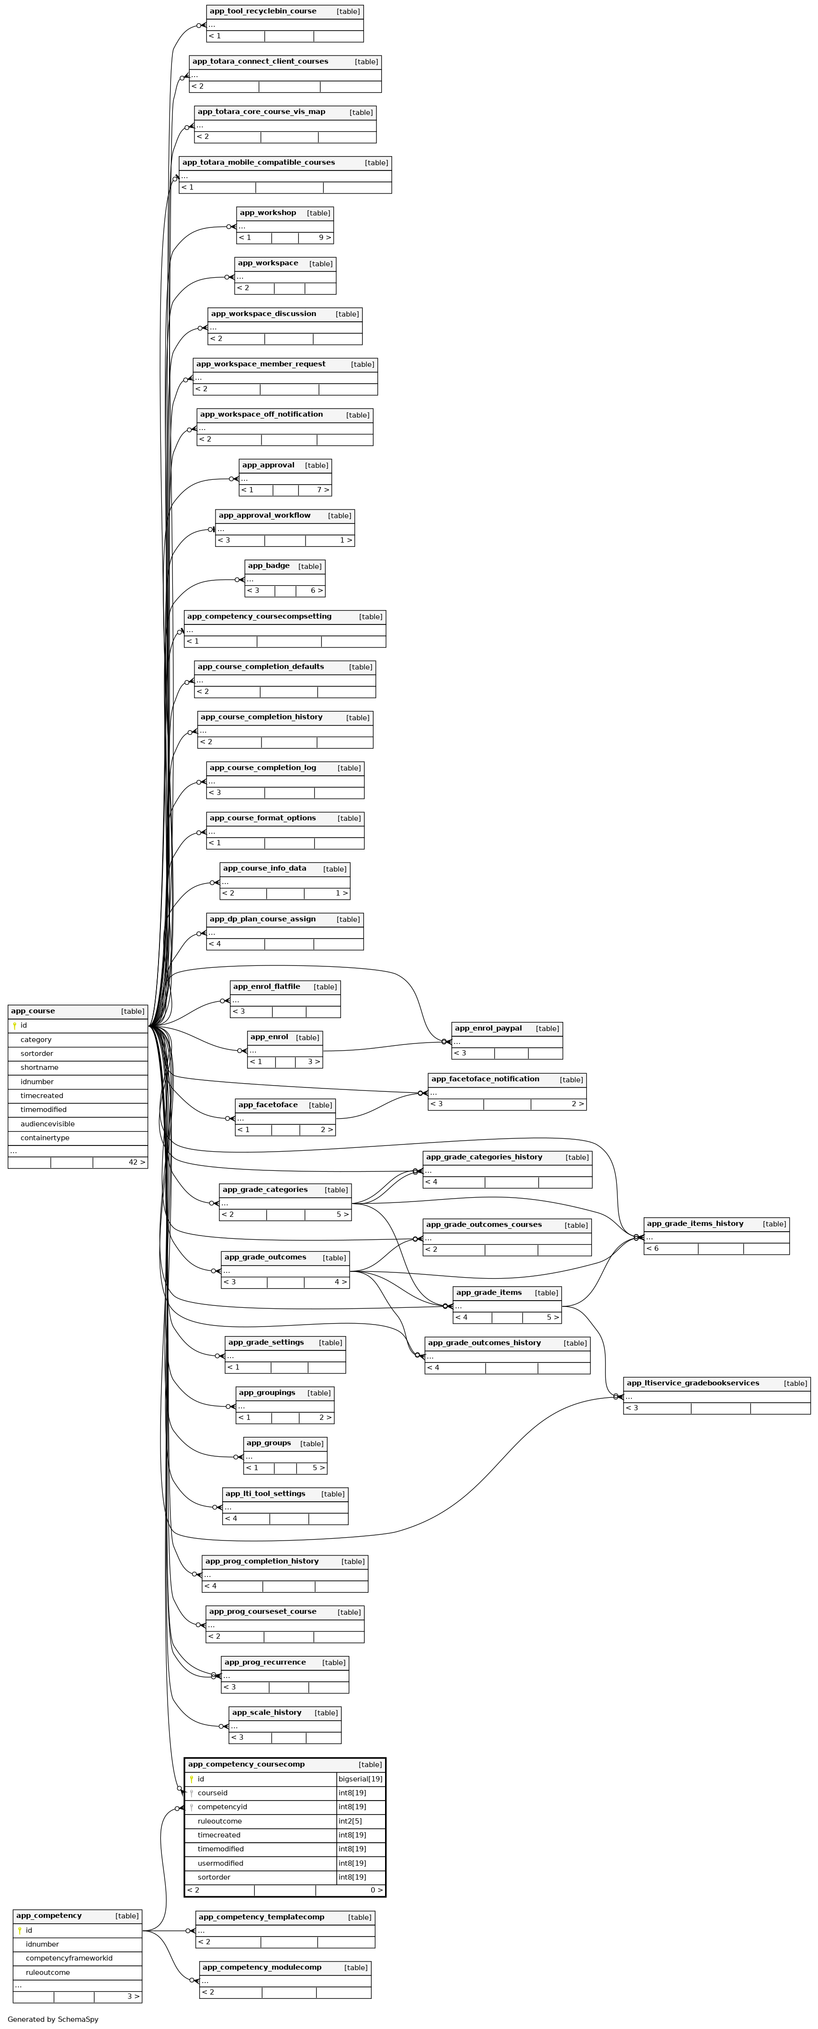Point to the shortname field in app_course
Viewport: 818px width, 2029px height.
click(39, 1068)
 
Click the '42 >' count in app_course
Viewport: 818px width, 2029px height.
click(137, 1163)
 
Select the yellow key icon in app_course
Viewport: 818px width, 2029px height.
click(14, 1026)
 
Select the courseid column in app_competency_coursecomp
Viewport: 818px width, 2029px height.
click(212, 1793)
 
